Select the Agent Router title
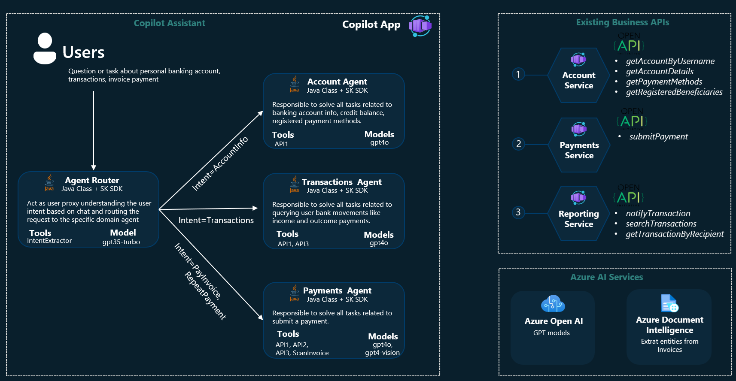tap(92, 181)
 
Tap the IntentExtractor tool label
tap(49, 241)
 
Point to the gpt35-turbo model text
tap(121, 242)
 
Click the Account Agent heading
tap(337, 82)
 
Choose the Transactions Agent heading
tap(341, 182)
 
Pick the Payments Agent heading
tap(337, 291)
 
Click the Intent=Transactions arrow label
tap(216, 221)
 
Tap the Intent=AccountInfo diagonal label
tap(220, 163)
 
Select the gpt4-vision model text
tap(382, 353)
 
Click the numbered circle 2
tap(519, 144)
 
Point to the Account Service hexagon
tap(578, 76)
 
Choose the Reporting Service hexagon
tap(578, 213)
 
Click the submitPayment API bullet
tap(658, 136)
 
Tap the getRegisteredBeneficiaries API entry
tap(674, 92)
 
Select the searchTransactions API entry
tap(661, 224)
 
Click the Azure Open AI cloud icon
tap(553, 304)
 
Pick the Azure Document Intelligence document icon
tap(669, 303)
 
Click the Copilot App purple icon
tap(420, 26)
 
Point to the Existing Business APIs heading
tap(622, 22)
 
